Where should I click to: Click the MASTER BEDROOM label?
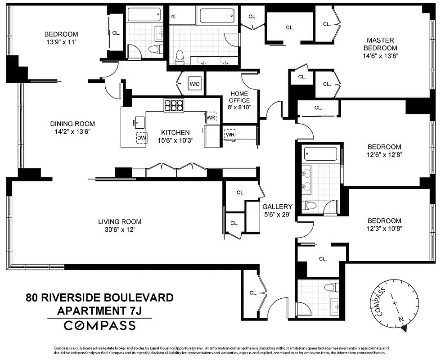(x=380, y=44)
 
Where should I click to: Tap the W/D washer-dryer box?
(x=194, y=84)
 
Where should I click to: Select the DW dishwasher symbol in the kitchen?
(x=141, y=137)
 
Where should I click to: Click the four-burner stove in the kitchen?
(x=174, y=105)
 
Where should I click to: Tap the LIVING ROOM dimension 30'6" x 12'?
(x=120, y=229)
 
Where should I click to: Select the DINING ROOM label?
(x=72, y=124)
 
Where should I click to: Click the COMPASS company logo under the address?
(x=99, y=325)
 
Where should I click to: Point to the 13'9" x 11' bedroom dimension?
(x=61, y=42)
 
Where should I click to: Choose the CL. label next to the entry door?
(x=253, y=292)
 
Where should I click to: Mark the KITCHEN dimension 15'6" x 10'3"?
(x=175, y=140)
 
